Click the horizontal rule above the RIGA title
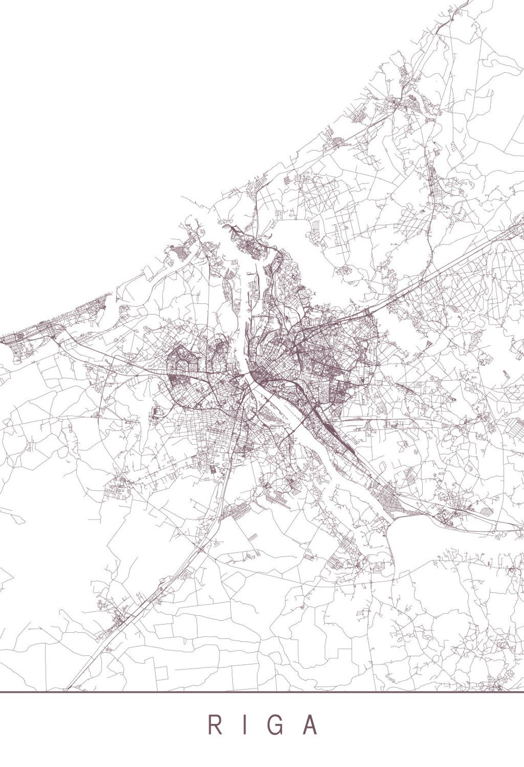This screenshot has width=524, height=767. (262, 692)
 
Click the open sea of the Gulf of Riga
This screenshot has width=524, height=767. (115, 138)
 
